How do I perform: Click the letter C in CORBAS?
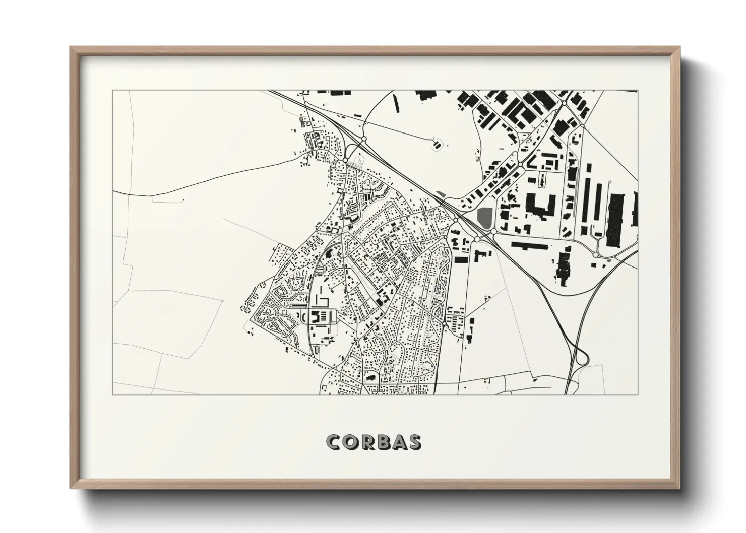[334, 442]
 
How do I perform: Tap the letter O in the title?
[351, 442]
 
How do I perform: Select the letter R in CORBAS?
[367, 442]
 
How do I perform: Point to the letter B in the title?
[383, 442]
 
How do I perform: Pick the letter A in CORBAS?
[399, 442]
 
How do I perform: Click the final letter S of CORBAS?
[414, 442]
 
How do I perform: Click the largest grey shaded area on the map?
[484, 216]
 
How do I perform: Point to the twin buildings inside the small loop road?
[437, 145]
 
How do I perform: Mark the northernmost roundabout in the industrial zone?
[565, 103]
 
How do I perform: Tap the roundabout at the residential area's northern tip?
[345, 161]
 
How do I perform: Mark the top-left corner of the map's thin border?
[112, 91]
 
